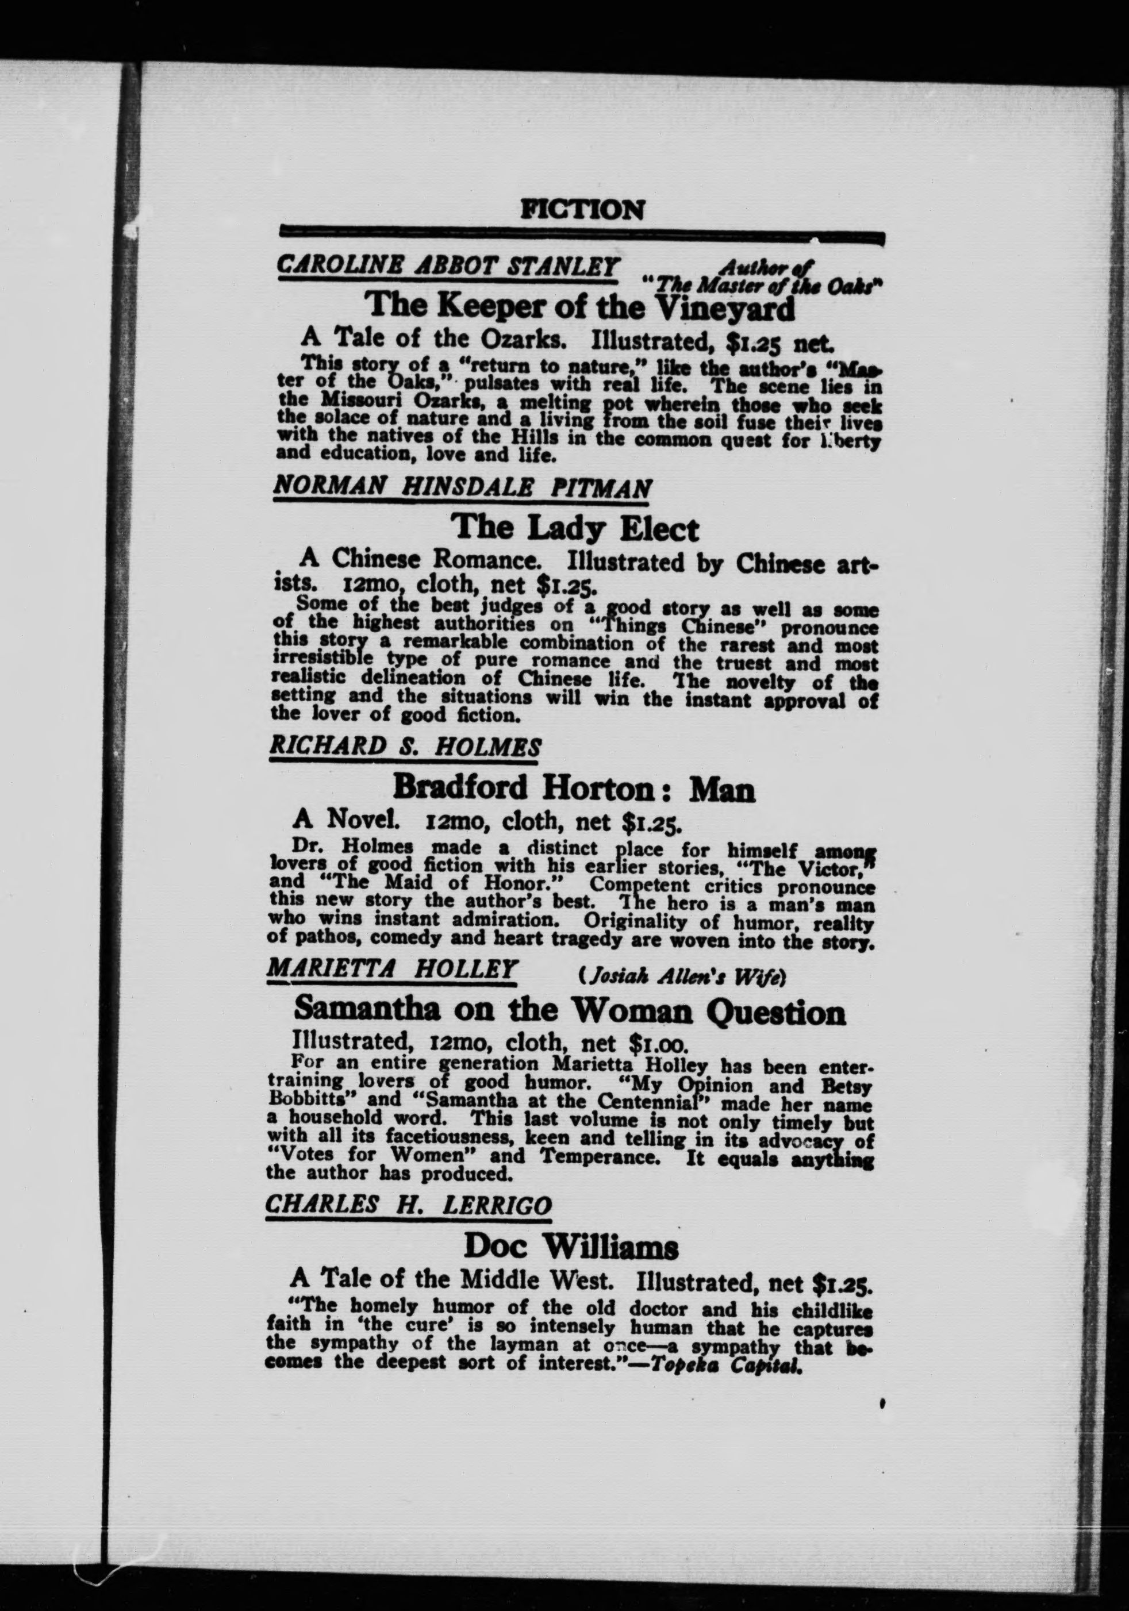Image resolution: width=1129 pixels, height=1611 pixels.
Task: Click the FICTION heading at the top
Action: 582,209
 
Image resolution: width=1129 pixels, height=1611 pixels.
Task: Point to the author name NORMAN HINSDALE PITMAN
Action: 462,487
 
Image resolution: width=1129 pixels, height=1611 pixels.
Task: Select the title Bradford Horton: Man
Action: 573,788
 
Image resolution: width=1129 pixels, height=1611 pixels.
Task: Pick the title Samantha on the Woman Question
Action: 569,1011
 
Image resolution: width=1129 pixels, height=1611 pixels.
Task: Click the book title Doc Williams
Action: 571,1247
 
